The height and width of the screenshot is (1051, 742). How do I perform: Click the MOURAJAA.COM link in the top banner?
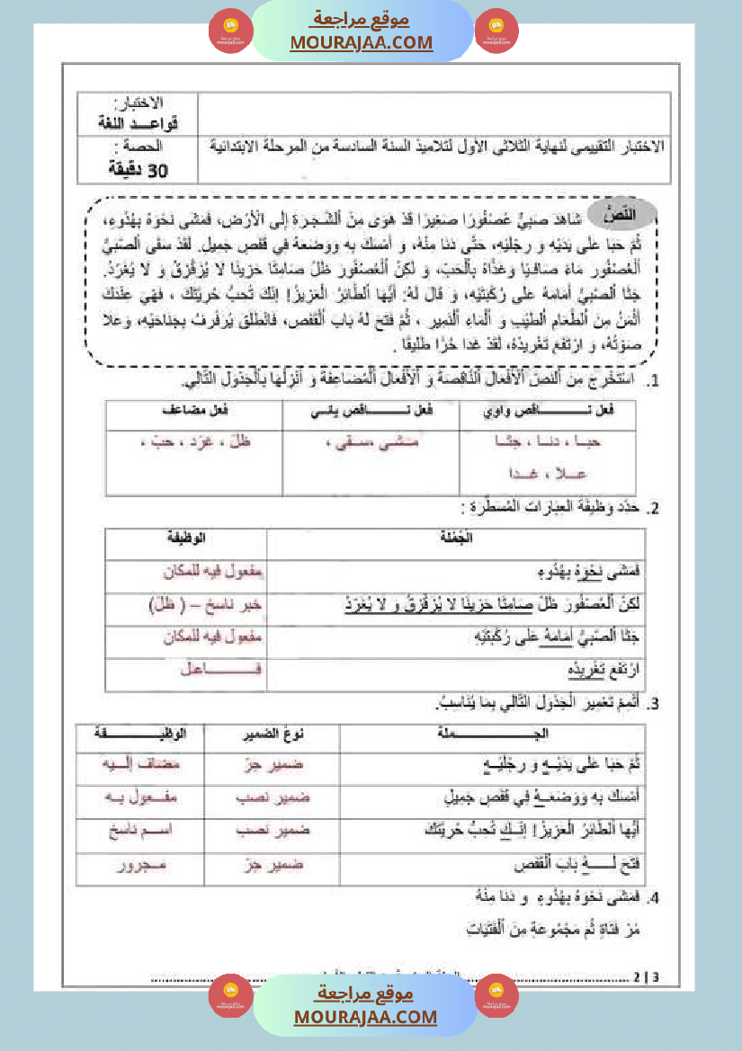click(x=362, y=42)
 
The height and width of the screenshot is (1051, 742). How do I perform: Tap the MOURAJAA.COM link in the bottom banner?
click(x=365, y=1017)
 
